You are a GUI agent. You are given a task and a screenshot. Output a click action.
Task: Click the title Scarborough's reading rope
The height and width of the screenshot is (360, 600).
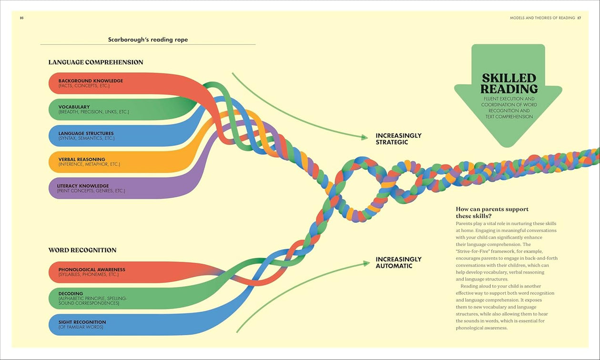click(148, 40)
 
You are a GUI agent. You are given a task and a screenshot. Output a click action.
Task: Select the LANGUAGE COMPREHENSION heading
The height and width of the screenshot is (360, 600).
click(96, 62)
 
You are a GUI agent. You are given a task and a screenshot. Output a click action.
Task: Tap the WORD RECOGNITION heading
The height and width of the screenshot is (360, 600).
click(82, 250)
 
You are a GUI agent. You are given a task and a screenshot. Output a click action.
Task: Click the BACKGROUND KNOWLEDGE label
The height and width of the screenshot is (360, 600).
click(91, 81)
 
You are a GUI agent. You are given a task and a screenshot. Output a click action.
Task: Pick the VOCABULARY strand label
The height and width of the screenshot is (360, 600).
click(74, 107)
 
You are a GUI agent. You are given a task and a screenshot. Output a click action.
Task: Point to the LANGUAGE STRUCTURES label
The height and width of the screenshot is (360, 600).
click(86, 134)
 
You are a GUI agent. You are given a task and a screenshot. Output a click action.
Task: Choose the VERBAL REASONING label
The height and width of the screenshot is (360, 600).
click(82, 160)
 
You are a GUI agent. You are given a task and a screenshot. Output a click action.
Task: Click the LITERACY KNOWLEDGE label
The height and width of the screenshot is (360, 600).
click(83, 186)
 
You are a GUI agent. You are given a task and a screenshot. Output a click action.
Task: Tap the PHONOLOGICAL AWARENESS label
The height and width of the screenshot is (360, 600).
click(92, 270)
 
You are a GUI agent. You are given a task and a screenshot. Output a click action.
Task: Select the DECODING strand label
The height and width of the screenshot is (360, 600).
click(71, 294)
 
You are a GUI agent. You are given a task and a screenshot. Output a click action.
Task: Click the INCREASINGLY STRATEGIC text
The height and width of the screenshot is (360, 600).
click(398, 139)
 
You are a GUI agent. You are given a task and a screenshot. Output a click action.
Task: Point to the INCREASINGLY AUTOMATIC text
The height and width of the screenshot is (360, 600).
click(398, 263)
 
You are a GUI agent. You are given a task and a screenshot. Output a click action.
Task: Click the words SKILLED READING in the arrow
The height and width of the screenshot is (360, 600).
click(509, 83)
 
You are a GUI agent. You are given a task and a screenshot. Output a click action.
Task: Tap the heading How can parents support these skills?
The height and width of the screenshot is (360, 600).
click(492, 212)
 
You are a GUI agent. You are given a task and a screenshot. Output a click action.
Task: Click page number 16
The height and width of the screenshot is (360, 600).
click(21, 18)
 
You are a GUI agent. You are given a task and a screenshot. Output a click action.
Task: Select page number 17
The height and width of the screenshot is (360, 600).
click(579, 18)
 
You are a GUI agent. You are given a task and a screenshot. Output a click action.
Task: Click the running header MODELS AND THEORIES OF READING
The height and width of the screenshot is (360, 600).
click(542, 18)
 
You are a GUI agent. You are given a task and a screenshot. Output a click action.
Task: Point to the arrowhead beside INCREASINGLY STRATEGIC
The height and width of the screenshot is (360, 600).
click(365, 137)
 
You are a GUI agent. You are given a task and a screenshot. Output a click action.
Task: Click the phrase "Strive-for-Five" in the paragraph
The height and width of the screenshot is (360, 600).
click(472, 251)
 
